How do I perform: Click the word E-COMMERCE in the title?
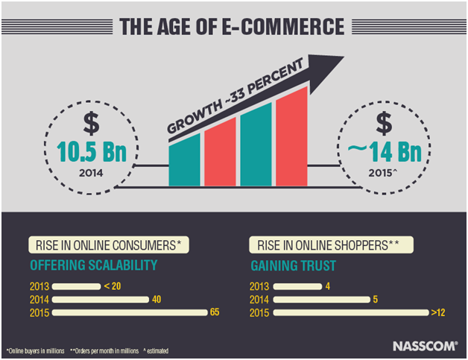pos(283,27)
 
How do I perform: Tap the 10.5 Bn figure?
pos(92,152)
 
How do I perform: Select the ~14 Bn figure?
pos(385,152)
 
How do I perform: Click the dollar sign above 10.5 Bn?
pos(91,123)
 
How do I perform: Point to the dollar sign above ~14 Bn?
pos(384,123)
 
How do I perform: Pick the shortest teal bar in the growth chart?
pos(185,160)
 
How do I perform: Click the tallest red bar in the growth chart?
pos(291,136)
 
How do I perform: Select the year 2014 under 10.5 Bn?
pos(91,173)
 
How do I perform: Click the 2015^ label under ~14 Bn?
pos(382,173)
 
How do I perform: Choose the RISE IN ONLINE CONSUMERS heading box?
pos(109,245)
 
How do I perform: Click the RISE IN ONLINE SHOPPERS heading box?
pos(332,245)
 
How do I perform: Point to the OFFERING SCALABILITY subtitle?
pos(94,265)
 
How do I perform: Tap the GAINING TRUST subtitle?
pos(294,265)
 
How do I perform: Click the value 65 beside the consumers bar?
pos(215,312)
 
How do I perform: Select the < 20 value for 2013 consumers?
pos(113,286)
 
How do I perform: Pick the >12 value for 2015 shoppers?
pos(438,312)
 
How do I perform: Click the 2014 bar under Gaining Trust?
pos(321,300)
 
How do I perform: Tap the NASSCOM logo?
pos(425,347)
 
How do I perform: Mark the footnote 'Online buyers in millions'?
pos(36,351)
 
